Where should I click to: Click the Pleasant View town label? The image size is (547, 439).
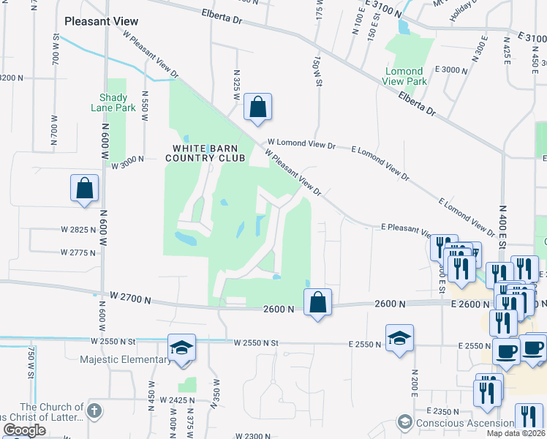pyautogui.click(x=101, y=21)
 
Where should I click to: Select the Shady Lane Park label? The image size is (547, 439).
pyautogui.click(x=113, y=102)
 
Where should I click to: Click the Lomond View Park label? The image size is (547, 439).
pyautogui.click(x=404, y=77)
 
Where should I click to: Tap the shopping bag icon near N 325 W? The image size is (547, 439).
pyautogui.click(x=257, y=108)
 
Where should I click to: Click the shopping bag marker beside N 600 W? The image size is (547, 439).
pyautogui.click(x=85, y=187)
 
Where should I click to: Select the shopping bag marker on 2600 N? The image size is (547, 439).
pyautogui.click(x=317, y=303)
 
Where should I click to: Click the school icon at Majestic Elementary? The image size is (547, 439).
pyautogui.click(x=181, y=348)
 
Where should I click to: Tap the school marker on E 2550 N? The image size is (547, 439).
pyautogui.click(x=399, y=338)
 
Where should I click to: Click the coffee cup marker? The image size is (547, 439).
pyautogui.click(x=506, y=351)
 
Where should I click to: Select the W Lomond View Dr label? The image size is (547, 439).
pyautogui.click(x=301, y=146)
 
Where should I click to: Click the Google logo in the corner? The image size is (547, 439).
pyautogui.click(x=24, y=430)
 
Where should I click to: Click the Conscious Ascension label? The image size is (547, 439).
pyautogui.click(x=464, y=423)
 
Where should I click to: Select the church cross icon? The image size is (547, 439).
pyautogui.click(x=94, y=411)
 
